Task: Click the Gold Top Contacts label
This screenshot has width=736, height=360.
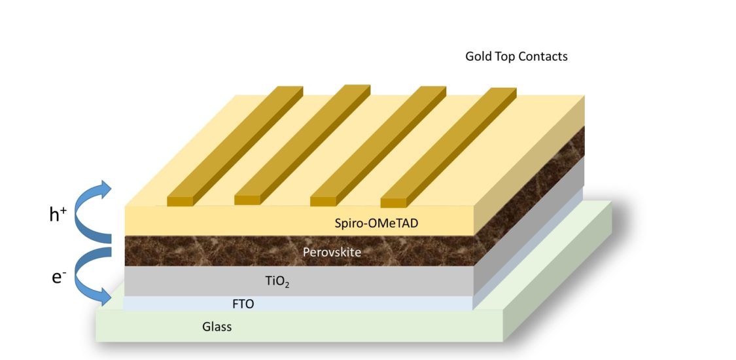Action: point(516,56)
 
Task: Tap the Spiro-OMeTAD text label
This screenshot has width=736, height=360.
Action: point(376,223)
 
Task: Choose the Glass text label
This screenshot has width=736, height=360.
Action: point(217,326)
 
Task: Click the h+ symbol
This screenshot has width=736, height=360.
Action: point(58,214)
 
